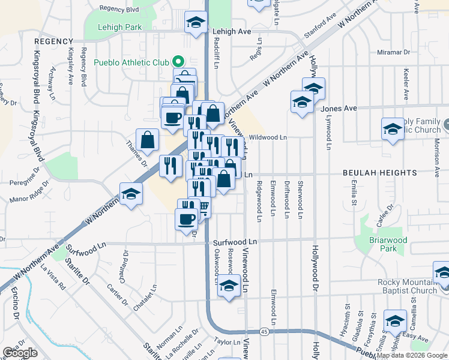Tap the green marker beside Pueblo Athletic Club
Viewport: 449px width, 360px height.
[x=178, y=61]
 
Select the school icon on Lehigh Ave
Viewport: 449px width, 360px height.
[x=195, y=23]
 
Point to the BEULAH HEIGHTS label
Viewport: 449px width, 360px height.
[x=379, y=173]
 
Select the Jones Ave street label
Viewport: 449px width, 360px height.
[x=339, y=108]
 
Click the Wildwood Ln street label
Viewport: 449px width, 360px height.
[x=268, y=137]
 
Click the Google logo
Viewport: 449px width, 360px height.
[x=20, y=353]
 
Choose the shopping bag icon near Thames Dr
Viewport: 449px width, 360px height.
[x=147, y=140]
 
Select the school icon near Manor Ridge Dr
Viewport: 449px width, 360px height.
[x=130, y=194]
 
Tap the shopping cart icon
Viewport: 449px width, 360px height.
[x=203, y=207]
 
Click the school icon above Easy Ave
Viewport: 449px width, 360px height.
[x=395, y=321]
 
